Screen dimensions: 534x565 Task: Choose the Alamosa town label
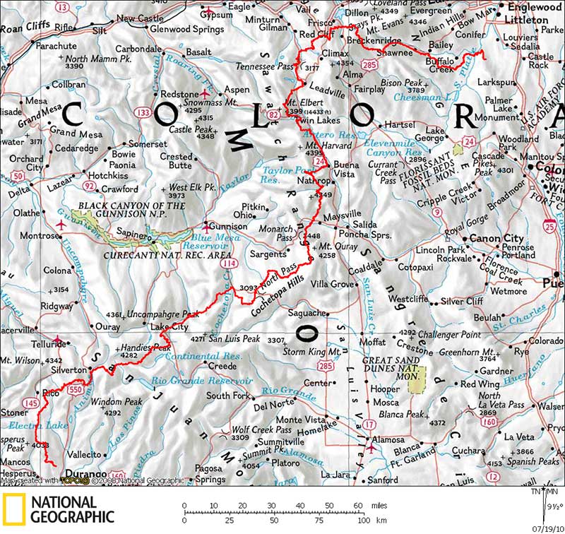click(x=388, y=439)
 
